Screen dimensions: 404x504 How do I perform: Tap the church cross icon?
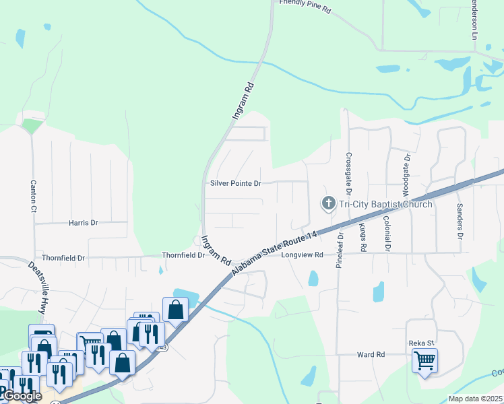(329, 203)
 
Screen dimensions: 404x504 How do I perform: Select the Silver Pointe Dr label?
(235, 183)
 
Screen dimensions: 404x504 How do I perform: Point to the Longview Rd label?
(303, 255)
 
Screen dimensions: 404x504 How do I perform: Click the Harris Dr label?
(83, 222)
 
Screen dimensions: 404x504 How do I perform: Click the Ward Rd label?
(370, 354)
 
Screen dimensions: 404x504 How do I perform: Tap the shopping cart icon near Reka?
(425, 361)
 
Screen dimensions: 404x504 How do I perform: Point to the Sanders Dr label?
(460, 222)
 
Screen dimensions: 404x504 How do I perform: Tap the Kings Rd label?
(363, 238)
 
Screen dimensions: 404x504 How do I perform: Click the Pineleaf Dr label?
(340, 249)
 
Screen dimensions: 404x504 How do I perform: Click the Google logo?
(22, 396)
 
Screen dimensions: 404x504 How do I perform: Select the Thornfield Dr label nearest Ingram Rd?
(183, 256)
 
